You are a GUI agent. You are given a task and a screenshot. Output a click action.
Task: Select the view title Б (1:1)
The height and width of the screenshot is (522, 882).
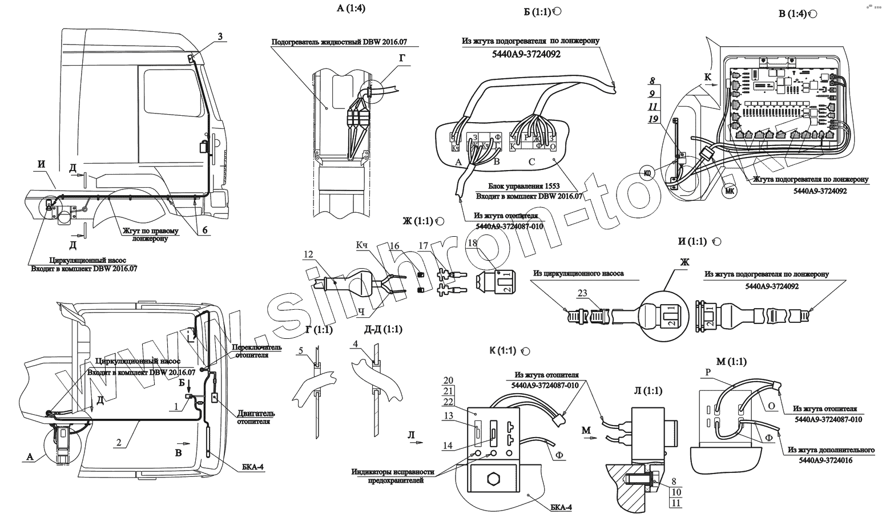[537, 12]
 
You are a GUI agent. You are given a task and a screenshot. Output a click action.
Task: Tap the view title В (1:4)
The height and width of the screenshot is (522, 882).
[793, 14]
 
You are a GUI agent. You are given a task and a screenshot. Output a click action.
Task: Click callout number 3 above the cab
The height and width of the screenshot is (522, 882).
[220, 37]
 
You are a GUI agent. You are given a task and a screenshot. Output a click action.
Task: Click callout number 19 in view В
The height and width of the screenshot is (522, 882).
[654, 119]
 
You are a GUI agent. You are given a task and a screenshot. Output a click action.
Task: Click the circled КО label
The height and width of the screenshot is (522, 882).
[646, 173]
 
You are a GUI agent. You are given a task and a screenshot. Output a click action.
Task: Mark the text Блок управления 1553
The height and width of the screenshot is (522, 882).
[524, 187]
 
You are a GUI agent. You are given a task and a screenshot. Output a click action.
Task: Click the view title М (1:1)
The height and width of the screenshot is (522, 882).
[731, 361]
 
